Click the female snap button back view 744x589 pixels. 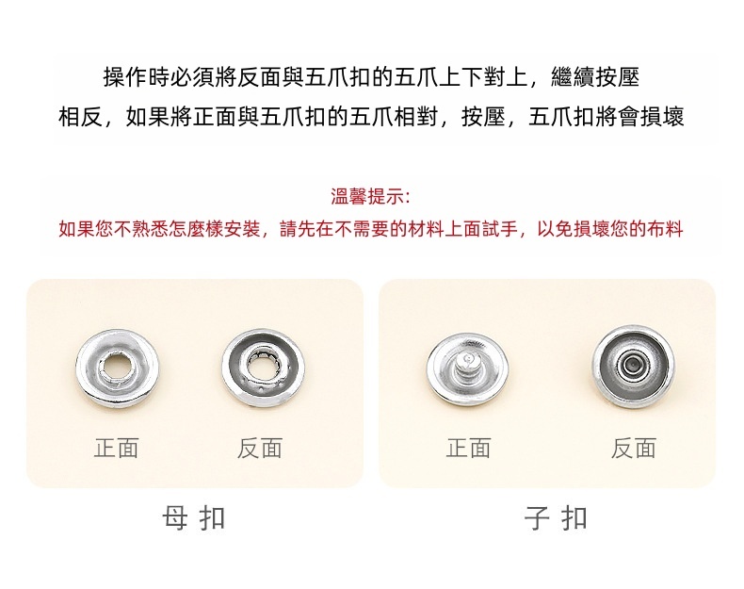[x=264, y=368]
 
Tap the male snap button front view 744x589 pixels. [x=467, y=369]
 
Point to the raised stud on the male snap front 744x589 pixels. [x=467, y=364]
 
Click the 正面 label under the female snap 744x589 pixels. [x=116, y=448]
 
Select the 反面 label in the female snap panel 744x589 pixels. [x=260, y=448]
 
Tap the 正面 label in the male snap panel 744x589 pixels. [x=468, y=448]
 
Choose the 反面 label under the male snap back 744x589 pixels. [x=634, y=448]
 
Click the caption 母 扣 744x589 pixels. [x=193, y=517]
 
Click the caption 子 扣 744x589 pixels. [x=556, y=517]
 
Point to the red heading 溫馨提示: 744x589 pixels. [x=370, y=196]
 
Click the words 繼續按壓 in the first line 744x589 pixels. [x=595, y=77]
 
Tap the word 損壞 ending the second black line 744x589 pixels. [x=662, y=116]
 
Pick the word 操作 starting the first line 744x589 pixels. [x=126, y=77]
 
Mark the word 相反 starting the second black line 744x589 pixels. [x=81, y=116]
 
